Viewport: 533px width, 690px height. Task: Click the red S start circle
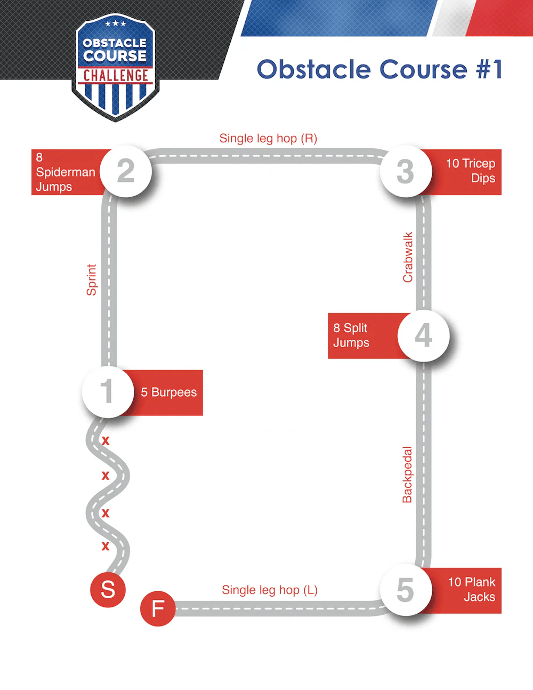(108, 589)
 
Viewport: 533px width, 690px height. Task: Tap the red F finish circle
(158, 608)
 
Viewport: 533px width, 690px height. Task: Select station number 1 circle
(107, 391)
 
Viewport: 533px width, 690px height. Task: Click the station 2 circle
(126, 171)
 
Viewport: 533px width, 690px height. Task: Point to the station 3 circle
(406, 172)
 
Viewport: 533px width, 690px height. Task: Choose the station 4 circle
(424, 335)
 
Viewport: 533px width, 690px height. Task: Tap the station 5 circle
(406, 590)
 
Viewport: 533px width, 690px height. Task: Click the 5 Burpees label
(168, 392)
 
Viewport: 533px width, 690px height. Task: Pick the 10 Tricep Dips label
(470, 171)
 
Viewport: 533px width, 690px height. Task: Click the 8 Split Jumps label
(351, 335)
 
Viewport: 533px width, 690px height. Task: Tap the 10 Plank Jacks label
(471, 590)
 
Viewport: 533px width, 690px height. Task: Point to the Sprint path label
(92, 279)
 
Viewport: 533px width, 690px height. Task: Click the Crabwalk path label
(408, 257)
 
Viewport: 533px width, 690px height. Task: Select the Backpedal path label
(407, 475)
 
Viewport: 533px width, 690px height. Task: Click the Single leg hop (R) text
(268, 139)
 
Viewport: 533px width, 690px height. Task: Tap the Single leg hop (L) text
(270, 590)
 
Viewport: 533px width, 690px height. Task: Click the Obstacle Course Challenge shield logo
(115, 67)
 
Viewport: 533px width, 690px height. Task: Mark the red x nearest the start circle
(106, 547)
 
